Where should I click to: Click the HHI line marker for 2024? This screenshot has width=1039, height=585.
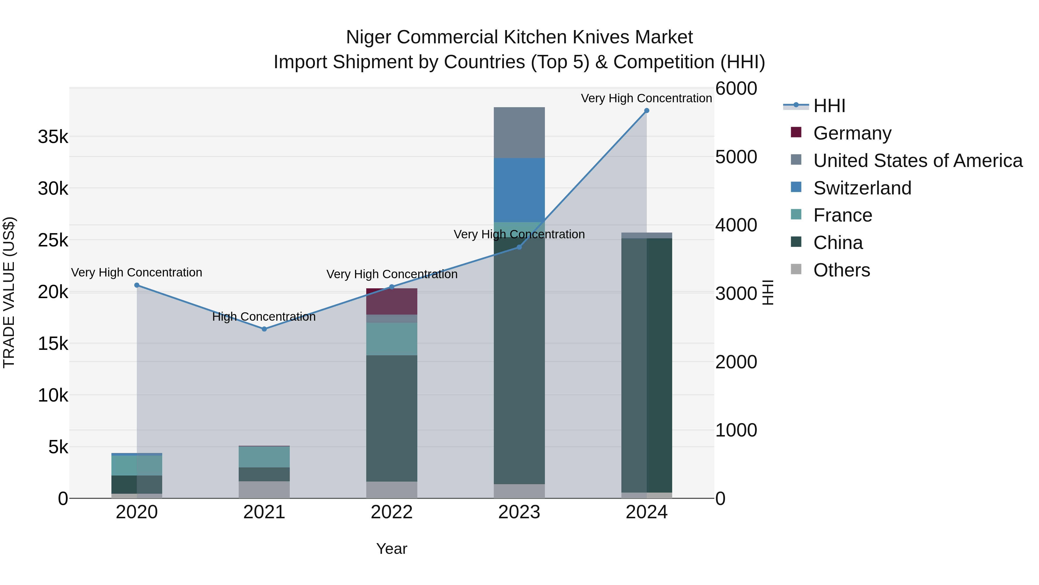click(x=646, y=111)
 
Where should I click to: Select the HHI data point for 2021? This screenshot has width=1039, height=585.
click(x=264, y=329)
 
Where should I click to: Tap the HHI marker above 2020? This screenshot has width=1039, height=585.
click(x=137, y=285)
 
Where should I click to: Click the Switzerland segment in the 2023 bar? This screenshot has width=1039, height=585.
click(x=519, y=190)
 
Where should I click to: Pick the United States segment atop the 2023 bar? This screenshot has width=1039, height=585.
click(x=519, y=132)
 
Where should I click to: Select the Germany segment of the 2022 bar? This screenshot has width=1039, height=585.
click(x=392, y=302)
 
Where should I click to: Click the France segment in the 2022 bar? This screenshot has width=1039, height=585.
click(x=392, y=339)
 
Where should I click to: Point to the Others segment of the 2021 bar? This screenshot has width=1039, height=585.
click(x=264, y=490)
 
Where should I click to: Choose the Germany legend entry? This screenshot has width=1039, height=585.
click(x=852, y=133)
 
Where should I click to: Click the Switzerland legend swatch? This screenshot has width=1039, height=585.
click(x=796, y=187)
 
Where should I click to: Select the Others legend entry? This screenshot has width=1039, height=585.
click(x=841, y=270)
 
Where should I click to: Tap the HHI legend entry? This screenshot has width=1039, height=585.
click(x=829, y=106)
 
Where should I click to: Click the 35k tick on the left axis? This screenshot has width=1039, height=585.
click(x=53, y=137)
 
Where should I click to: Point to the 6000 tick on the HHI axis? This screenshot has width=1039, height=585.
click(x=736, y=88)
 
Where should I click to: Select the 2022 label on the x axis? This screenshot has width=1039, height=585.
click(x=392, y=512)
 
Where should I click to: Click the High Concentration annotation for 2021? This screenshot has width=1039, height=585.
click(x=264, y=317)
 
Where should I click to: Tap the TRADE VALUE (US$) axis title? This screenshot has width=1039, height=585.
click(x=9, y=292)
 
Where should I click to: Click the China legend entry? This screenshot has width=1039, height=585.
click(x=838, y=243)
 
